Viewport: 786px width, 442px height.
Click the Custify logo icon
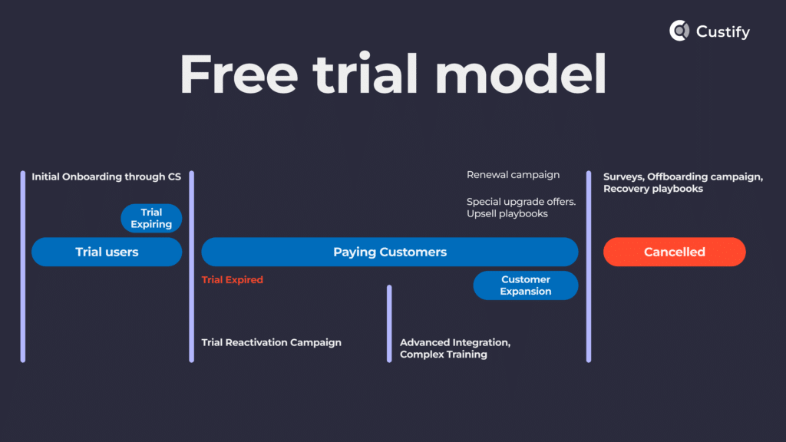pyautogui.click(x=679, y=31)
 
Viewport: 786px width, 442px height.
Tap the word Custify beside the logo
pyautogui.click(x=723, y=31)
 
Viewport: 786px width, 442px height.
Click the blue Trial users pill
pyautogui.click(x=107, y=252)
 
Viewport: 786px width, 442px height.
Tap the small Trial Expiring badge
pyautogui.click(x=151, y=218)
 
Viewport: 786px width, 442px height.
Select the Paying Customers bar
pyautogui.click(x=389, y=252)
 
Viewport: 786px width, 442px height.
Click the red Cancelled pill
pyautogui.click(x=674, y=252)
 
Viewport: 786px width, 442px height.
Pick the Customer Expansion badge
pyautogui.click(x=525, y=285)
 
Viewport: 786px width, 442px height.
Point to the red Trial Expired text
pyautogui.click(x=232, y=280)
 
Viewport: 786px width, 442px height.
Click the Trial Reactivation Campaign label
pyautogui.click(x=271, y=342)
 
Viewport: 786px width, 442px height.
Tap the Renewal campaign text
pyautogui.click(x=513, y=175)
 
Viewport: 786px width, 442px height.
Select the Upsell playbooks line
pyautogui.click(x=507, y=214)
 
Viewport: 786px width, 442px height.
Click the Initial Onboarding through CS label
pyautogui.click(x=106, y=177)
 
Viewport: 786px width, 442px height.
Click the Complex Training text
pyautogui.click(x=443, y=355)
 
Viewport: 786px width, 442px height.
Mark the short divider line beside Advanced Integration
pyautogui.click(x=389, y=323)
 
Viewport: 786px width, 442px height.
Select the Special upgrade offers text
pyautogui.click(x=520, y=202)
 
